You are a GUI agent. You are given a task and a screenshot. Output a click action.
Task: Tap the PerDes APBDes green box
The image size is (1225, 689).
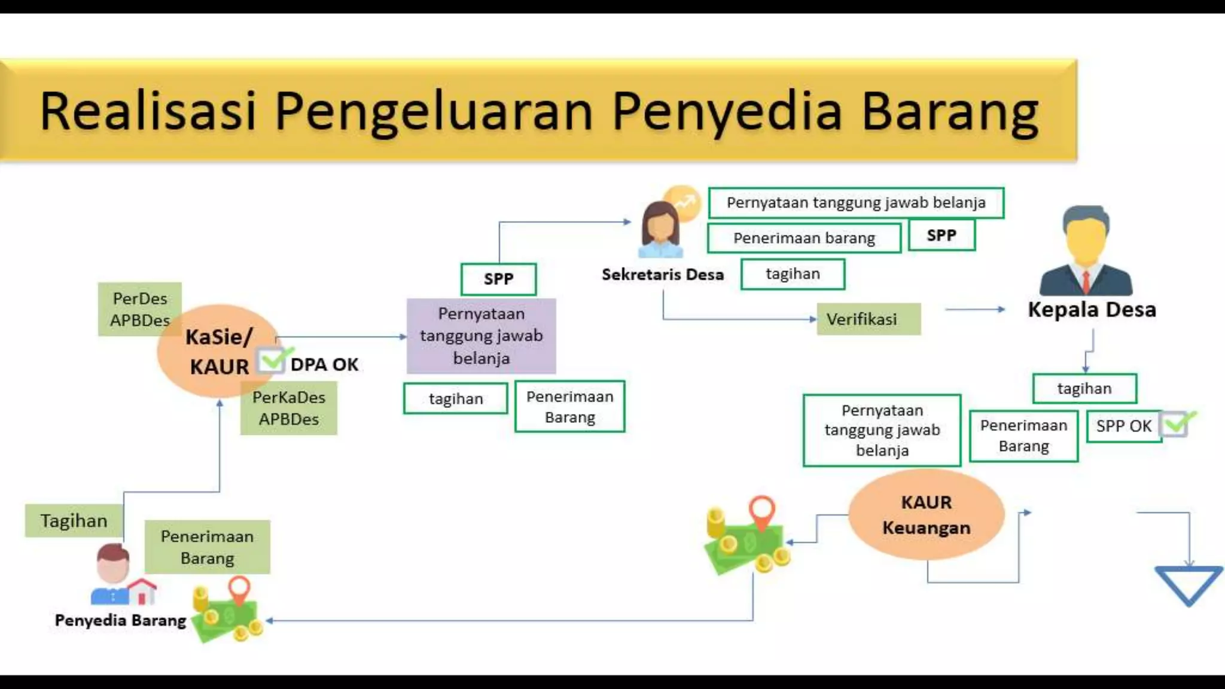[139, 309]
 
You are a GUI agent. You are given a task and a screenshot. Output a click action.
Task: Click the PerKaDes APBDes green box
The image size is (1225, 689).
[288, 408]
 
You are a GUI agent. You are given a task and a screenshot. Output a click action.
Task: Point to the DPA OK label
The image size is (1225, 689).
[324, 364]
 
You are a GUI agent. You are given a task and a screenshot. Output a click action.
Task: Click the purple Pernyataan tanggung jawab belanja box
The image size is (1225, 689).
[481, 336]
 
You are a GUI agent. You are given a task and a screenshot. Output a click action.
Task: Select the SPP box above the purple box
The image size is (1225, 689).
[498, 279]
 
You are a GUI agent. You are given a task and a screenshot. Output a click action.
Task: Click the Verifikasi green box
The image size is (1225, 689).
[868, 319]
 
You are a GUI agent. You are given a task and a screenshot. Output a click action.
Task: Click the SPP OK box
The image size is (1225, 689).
[1123, 426]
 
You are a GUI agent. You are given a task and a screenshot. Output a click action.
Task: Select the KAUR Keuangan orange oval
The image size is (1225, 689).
[926, 514]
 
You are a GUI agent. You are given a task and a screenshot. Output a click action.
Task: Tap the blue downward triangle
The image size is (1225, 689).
[1188, 583]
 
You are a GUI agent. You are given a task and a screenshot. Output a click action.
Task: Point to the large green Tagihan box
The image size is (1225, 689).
[74, 520]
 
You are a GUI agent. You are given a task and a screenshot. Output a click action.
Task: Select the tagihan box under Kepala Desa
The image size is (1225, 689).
[1084, 389]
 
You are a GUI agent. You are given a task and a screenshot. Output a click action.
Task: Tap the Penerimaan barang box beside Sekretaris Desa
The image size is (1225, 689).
[803, 238]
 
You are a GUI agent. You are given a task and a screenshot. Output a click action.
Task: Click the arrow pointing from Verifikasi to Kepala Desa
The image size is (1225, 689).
[975, 309]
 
